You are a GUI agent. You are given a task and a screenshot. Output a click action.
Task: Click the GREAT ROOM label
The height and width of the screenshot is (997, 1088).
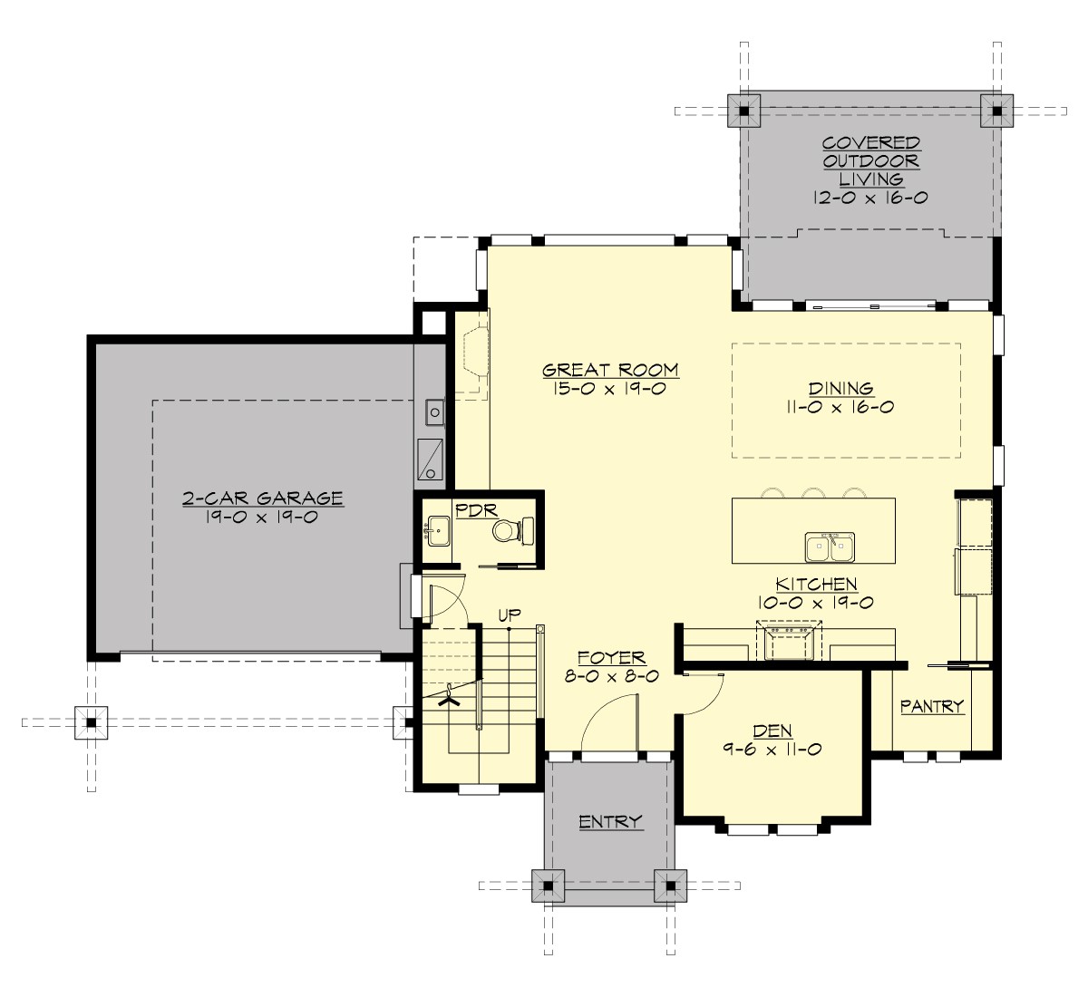[610, 370]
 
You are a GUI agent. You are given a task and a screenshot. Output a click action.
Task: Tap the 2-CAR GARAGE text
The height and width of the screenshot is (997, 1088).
[262, 498]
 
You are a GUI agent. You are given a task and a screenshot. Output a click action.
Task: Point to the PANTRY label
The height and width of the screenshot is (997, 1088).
[931, 706]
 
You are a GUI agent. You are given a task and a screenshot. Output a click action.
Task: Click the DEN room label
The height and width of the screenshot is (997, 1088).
[772, 731]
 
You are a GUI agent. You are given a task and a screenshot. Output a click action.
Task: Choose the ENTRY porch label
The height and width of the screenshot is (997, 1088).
[610, 822]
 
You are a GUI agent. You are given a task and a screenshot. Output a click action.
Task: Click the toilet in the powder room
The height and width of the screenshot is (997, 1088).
[508, 531]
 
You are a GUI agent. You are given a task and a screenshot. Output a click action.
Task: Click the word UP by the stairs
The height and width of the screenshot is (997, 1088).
[508, 615]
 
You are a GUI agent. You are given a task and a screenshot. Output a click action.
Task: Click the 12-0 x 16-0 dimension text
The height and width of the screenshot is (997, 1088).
[870, 198]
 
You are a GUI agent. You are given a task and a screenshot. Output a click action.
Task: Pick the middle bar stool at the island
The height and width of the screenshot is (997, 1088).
[814, 493]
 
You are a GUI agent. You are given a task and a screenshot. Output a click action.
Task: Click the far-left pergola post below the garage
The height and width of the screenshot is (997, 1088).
[91, 722]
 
